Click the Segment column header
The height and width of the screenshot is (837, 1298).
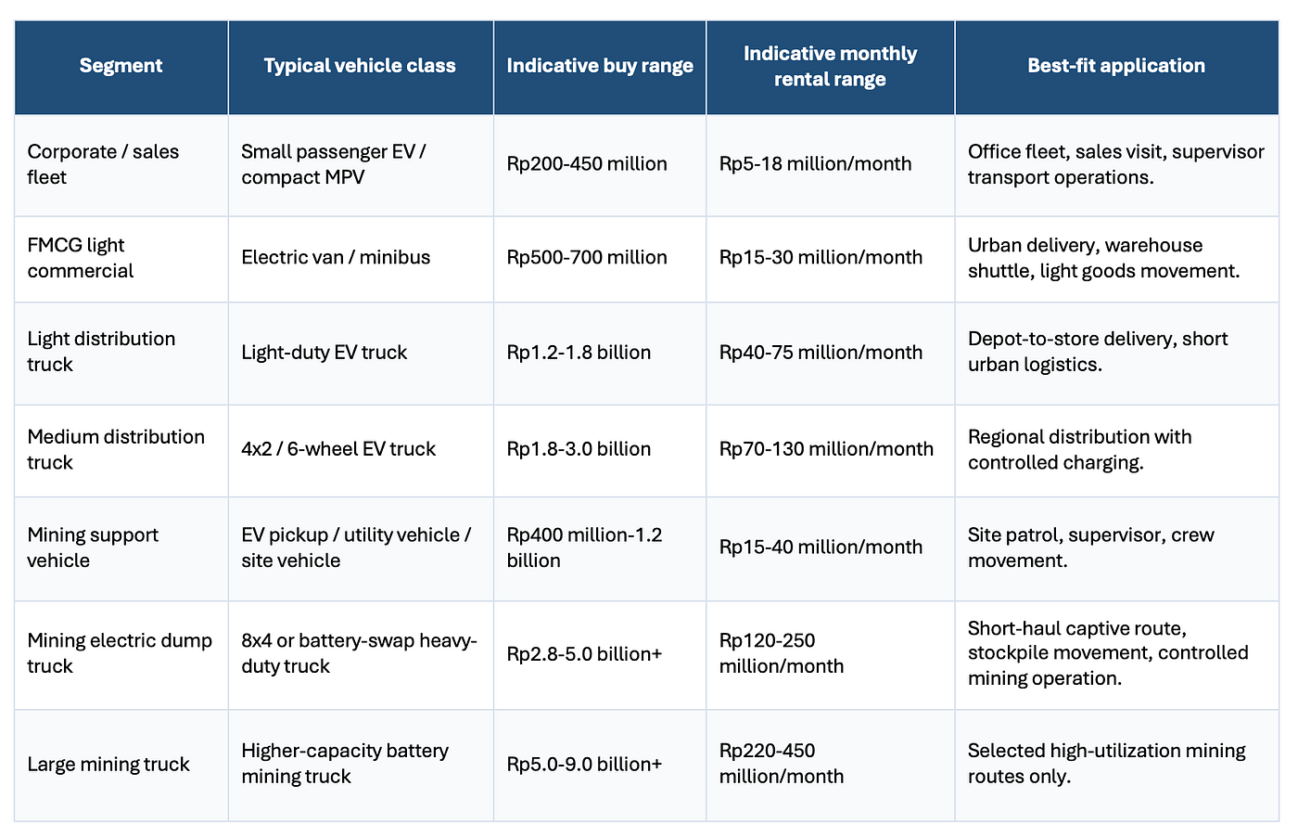(x=121, y=66)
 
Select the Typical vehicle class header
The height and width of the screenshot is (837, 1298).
(x=360, y=66)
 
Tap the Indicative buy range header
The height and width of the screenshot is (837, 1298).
(x=600, y=66)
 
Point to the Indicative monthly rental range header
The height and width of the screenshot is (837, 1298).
(x=830, y=66)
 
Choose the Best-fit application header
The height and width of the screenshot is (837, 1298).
(x=1116, y=66)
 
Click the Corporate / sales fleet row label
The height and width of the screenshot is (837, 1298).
(x=103, y=164)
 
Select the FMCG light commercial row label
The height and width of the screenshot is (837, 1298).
(x=81, y=258)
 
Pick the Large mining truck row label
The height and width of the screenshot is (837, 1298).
(x=108, y=764)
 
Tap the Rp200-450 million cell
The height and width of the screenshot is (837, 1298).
(x=586, y=163)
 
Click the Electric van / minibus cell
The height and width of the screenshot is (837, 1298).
(x=336, y=257)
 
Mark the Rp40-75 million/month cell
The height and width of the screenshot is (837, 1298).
(x=821, y=352)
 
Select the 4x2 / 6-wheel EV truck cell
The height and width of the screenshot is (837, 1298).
(x=338, y=448)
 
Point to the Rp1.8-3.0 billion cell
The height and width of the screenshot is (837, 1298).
(x=579, y=448)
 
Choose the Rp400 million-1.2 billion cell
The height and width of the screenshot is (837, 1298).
(x=584, y=547)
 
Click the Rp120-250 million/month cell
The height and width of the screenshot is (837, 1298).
(x=781, y=653)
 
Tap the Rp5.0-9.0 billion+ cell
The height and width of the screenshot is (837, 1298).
(x=584, y=764)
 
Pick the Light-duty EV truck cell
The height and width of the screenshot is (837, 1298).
(x=324, y=352)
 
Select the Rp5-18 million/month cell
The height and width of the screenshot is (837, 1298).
(x=815, y=163)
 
